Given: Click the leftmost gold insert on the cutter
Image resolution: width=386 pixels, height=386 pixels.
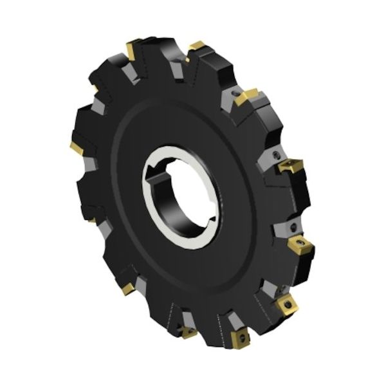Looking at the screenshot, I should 77,148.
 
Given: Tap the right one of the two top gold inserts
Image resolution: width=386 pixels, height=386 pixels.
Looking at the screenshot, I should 196,47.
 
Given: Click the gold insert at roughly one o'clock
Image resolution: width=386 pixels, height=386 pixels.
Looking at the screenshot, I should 246,97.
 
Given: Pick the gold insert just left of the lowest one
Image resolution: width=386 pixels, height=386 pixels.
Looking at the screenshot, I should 188,332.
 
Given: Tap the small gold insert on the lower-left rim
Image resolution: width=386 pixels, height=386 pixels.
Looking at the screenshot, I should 127,289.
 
